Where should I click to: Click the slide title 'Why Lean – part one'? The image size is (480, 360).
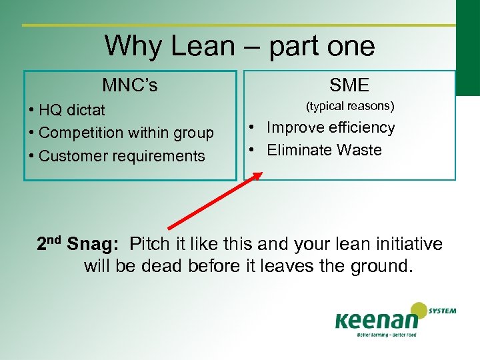coord(239,46)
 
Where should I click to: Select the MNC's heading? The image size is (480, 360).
coord(130,85)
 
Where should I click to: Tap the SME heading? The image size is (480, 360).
coord(349,85)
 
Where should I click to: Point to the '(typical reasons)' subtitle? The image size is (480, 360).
coord(350,106)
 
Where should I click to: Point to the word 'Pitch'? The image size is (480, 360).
coord(150,245)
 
